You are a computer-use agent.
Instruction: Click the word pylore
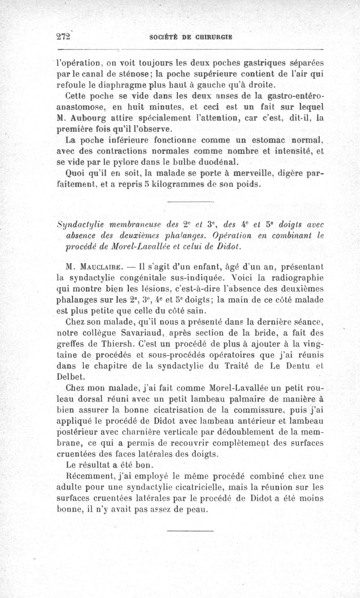tap(144, 161)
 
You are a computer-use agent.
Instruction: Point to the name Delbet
tap(70, 376)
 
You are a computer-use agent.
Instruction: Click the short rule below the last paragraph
tap(189, 532)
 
